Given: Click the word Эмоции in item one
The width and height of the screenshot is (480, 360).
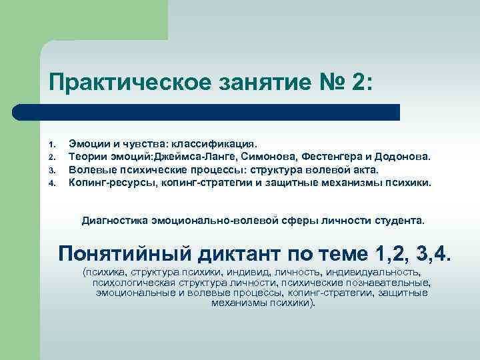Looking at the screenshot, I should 88,143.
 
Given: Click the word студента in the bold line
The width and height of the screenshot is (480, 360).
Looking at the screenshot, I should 399,219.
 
